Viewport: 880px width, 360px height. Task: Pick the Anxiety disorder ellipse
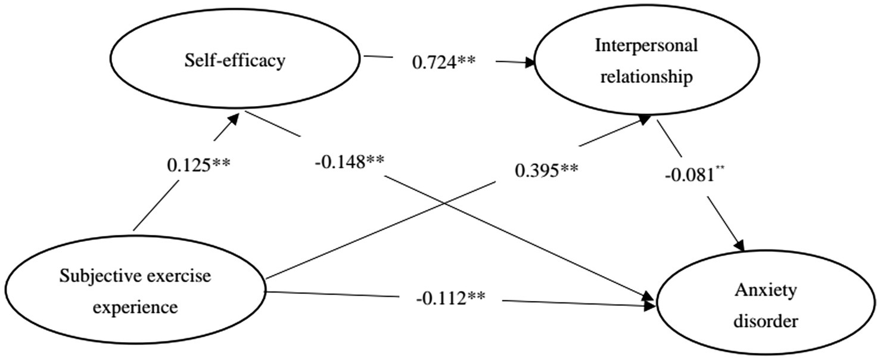766,306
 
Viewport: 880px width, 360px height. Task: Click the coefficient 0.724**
443,61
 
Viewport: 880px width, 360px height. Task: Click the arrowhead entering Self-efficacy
234,118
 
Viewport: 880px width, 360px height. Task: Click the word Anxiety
766,291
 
